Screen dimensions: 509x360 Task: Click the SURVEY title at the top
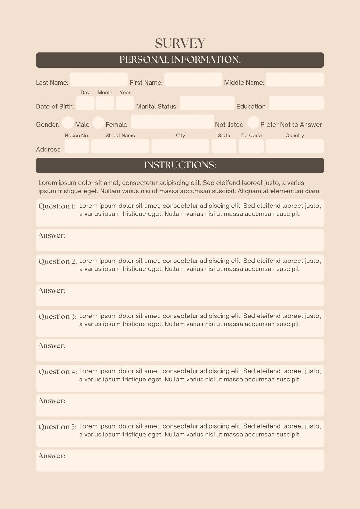(x=180, y=44)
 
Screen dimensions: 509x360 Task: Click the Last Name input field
(x=99, y=80)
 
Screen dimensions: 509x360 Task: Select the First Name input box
(x=193, y=80)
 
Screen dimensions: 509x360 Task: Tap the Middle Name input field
(x=295, y=80)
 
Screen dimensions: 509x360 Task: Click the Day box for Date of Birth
(x=85, y=103)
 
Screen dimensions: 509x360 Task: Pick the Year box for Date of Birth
(x=125, y=103)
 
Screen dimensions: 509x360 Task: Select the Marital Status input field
(x=207, y=103)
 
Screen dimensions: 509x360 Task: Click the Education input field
(x=296, y=103)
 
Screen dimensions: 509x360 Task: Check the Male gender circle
(x=68, y=123)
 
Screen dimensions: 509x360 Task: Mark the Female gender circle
(x=98, y=123)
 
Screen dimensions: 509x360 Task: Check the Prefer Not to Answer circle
(x=253, y=123)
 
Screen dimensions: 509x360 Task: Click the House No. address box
(x=77, y=146)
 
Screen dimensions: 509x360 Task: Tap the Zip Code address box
(x=251, y=146)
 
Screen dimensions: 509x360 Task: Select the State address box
(x=224, y=146)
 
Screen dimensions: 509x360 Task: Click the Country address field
(x=295, y=146)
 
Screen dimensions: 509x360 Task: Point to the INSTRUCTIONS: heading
(x=180, y=165)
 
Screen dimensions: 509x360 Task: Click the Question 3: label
(x=58, y=317)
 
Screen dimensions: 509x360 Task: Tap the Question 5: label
(x=58, y=427)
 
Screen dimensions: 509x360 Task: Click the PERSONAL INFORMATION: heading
(x=180, y=60)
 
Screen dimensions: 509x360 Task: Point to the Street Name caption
(x=120, y=136)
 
